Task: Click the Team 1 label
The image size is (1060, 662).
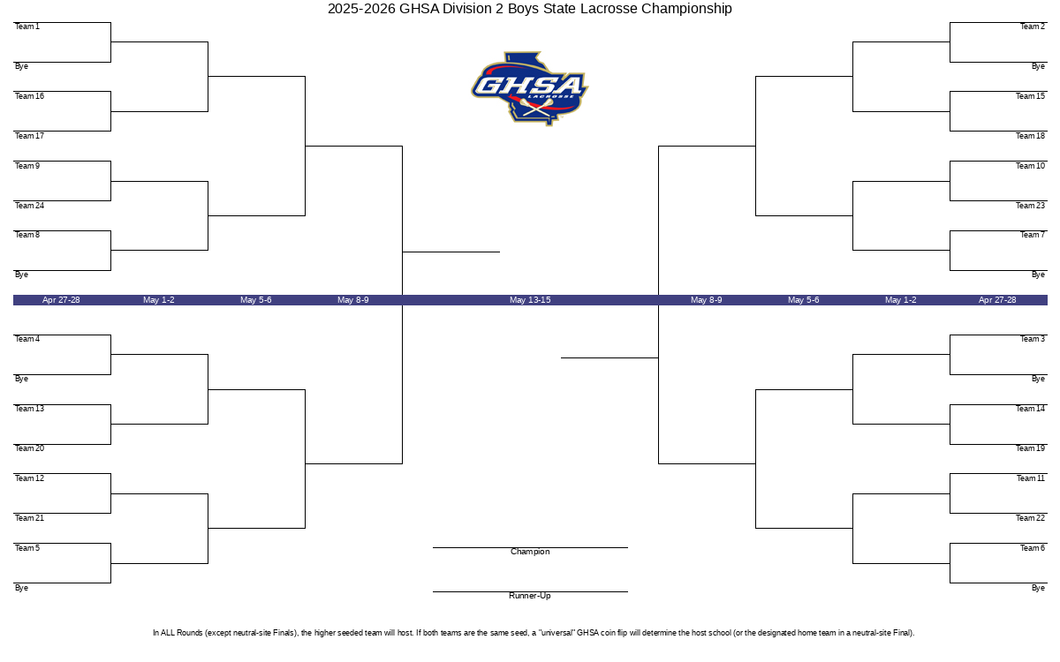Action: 27,26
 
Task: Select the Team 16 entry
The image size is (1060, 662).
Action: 29,96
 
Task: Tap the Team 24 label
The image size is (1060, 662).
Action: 29,205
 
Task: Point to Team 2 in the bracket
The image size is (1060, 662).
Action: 1032,26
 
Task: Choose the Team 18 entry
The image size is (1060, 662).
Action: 1030,136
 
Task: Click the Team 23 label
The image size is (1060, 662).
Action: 1030,205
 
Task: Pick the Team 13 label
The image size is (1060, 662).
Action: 29,409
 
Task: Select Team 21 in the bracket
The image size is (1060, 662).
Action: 29,518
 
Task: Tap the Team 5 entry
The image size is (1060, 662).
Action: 27,548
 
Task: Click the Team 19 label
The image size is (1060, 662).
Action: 1030,448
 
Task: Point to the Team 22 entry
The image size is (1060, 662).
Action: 1030,518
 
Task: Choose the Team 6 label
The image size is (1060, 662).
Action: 1032,548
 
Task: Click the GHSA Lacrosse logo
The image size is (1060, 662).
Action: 529,88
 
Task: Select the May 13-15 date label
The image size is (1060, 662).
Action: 530,300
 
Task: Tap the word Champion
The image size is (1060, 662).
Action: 530,552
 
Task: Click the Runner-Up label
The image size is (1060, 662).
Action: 529,595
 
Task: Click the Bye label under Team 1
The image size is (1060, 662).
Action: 21,66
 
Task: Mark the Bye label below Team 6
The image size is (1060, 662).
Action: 1038,588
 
